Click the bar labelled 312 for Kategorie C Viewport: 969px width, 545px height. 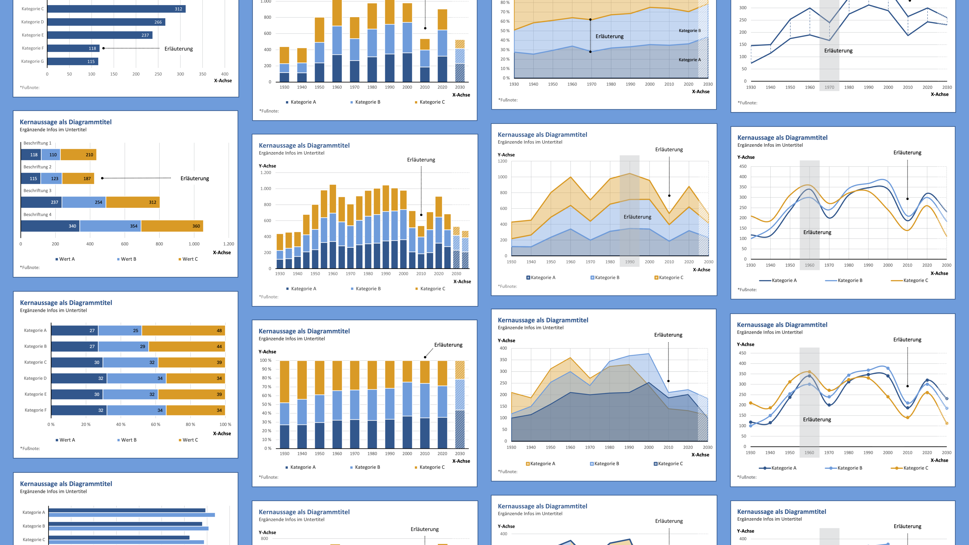[117, 9]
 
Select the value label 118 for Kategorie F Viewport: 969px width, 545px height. [92, 48]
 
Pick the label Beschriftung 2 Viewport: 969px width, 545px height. [37, 167]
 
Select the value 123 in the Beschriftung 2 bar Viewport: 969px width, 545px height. [55, 178]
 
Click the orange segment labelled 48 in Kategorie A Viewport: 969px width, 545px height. [183, 331]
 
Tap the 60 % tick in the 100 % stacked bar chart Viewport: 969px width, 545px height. [155, 424]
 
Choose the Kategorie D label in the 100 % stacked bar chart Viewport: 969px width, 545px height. [35, 378]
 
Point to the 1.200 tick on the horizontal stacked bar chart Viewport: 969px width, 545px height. [228, 244]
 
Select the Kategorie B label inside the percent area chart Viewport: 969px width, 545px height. [689, 31]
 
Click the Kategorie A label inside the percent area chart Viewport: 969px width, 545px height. [689, 60]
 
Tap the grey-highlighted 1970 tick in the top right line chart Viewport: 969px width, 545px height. [829, 87]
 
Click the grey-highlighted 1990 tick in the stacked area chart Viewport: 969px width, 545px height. [629, 262]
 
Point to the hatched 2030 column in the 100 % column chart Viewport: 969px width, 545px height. [460, 404]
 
